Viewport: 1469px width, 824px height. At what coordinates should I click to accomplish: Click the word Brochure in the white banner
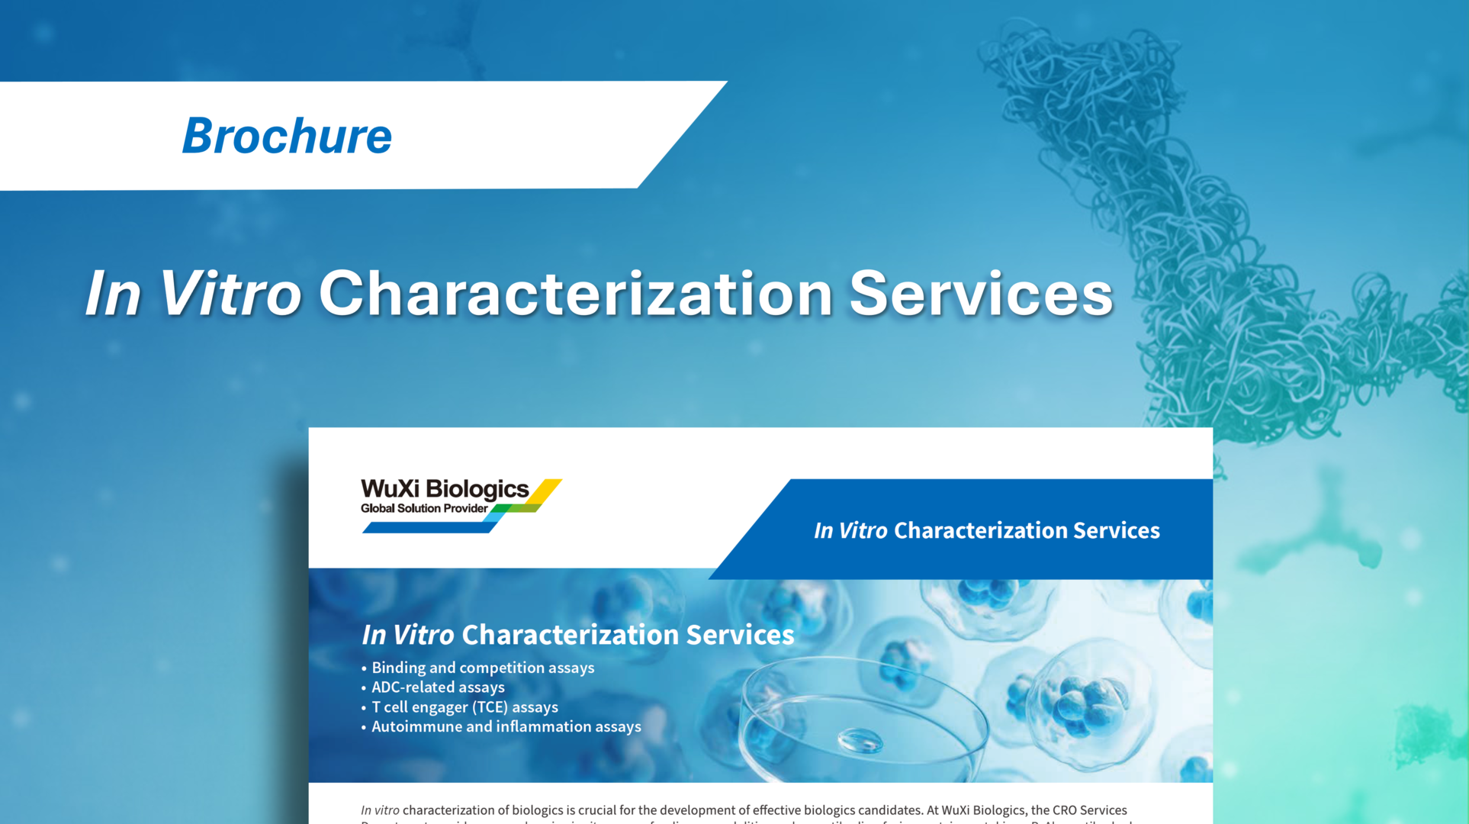click(x=287, y=136)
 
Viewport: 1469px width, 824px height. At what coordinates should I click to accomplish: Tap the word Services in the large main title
click(x=981, y=294)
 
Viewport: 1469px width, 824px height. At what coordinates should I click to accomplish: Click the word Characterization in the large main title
click(x=575, y=294)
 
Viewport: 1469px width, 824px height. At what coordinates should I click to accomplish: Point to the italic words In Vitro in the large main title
click(x=193, y=294)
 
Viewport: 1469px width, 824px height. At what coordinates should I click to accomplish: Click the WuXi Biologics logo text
click(x=444, y=489)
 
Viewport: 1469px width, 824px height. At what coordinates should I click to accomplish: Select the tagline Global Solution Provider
click(x=424, y=509)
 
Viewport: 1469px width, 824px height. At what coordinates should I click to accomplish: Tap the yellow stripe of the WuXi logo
click(x=546, y=491)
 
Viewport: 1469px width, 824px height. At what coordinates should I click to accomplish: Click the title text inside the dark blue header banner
click(x=986, y=530)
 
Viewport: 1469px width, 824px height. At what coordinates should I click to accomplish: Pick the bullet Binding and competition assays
click(x=482, y=668)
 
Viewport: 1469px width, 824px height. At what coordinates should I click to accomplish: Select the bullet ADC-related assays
click(x=437, y=687)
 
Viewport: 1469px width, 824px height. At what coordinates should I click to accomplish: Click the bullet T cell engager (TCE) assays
click(x=464, y=707)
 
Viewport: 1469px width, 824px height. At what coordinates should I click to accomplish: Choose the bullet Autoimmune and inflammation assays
click(x=506, y=727)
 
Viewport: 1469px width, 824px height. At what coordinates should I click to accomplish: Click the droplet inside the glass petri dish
click(x=860, y=739)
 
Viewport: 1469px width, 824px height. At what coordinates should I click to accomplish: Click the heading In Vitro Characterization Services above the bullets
click(x=577, y=635)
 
